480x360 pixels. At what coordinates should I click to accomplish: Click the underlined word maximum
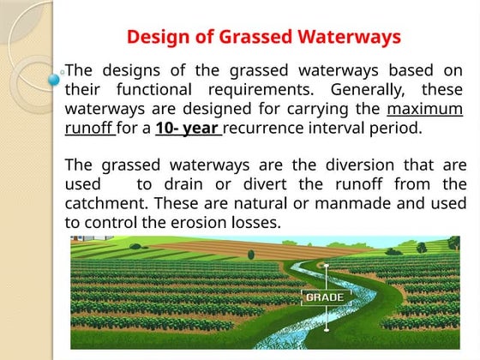pos(425,111)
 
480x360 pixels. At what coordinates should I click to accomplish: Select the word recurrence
pos(267,130)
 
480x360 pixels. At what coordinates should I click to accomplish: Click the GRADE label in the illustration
pos(324,297)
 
